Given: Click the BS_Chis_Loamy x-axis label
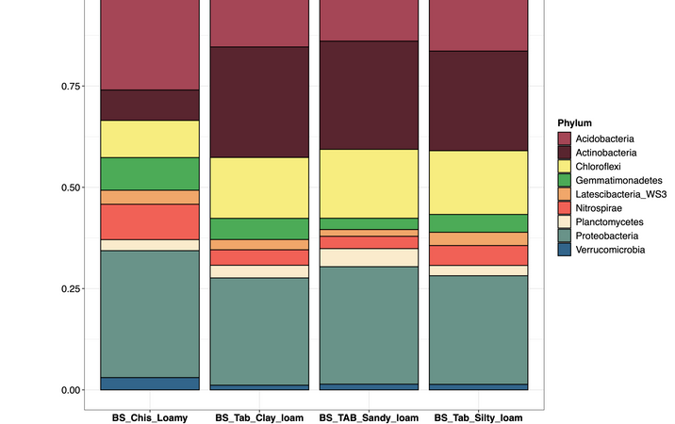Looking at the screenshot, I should click(150, 416).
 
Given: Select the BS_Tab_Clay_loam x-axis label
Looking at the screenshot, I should click(259, 416).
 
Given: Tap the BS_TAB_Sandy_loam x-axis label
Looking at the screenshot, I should click(369, 416).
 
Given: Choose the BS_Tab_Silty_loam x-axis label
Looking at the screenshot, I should click(479, 416).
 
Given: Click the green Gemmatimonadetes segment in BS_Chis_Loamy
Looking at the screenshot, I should click(150, 173).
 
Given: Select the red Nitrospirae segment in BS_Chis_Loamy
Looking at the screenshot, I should click(150, 221).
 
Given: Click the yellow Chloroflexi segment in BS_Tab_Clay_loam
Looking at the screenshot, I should click(259, 188).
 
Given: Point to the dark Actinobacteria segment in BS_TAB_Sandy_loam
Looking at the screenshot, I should click(369, 95).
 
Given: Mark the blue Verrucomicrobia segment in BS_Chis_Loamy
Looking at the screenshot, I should click(150, 383).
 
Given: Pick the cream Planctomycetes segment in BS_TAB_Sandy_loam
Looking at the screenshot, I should click(369, 257).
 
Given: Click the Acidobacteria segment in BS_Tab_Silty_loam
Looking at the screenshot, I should click(479, 24).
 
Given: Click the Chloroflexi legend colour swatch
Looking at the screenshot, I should click(565, 167).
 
